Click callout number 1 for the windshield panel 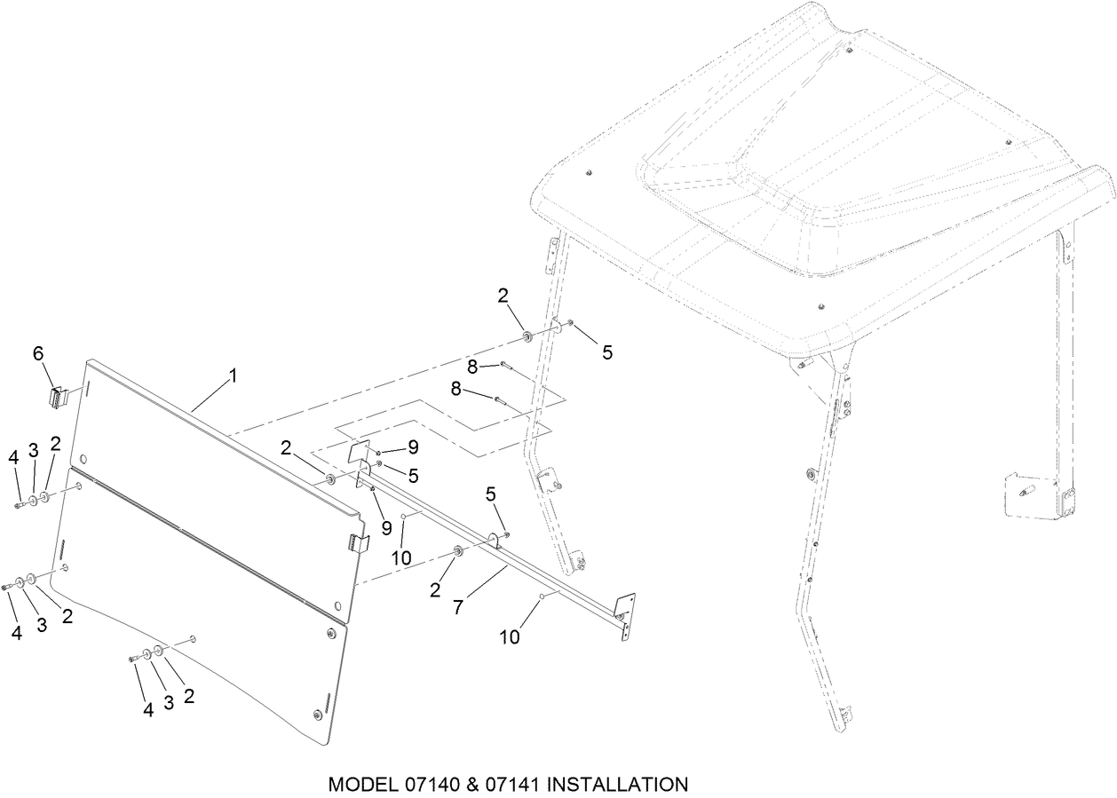[234, 375]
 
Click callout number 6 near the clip [38, 353]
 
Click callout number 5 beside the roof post [607, 352]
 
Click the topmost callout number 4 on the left [14, 457]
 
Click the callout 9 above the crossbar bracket [413, 446]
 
